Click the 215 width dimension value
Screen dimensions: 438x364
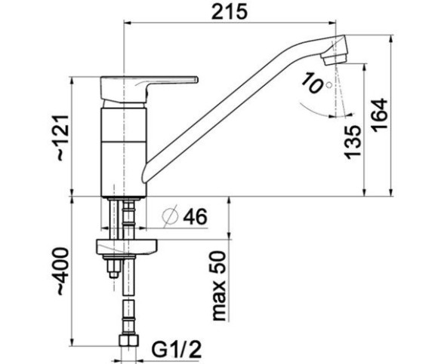(229, 12)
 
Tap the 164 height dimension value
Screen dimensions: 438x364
(380, 113)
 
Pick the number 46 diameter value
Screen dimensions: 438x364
(196, 216)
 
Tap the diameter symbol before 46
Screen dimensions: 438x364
(171, 216)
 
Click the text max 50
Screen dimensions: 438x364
(219, 286)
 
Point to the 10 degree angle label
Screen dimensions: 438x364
(312, 82)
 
